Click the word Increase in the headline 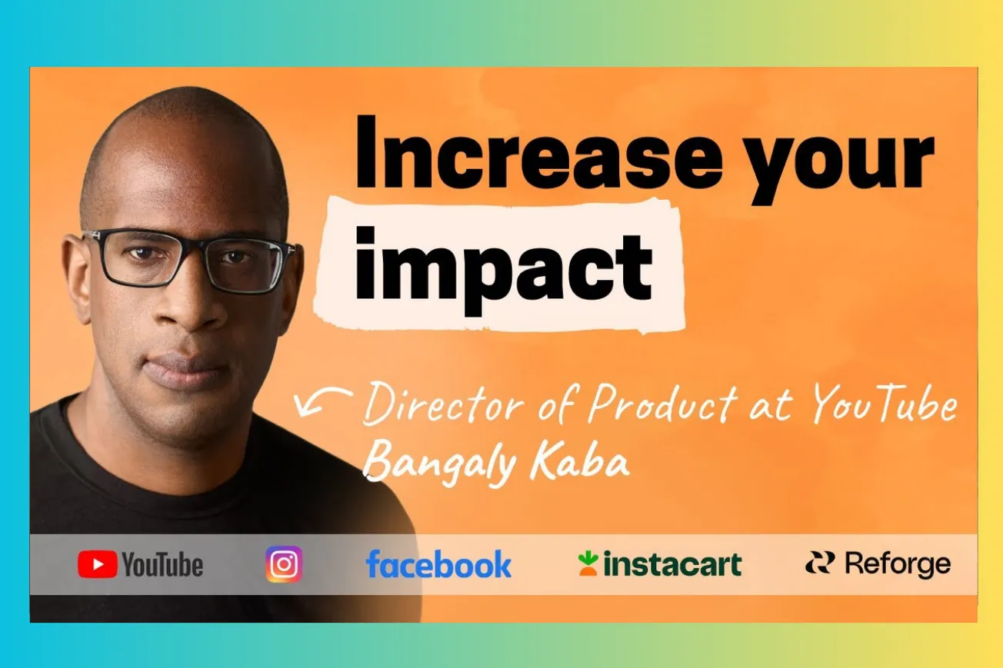click(x=538, y=152)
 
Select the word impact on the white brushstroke click(x=503, y=271)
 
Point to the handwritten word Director click(x=443, y=404)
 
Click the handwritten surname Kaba click(x=579, y=461)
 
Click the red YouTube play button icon click(x=97, y=564)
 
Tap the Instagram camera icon click(x=284, y=564)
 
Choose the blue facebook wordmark click(x=438, y=563)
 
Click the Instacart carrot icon click(x=588, y=563)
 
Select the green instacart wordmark click(x=672, y=563)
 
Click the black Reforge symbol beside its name click(x=820, y=563)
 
